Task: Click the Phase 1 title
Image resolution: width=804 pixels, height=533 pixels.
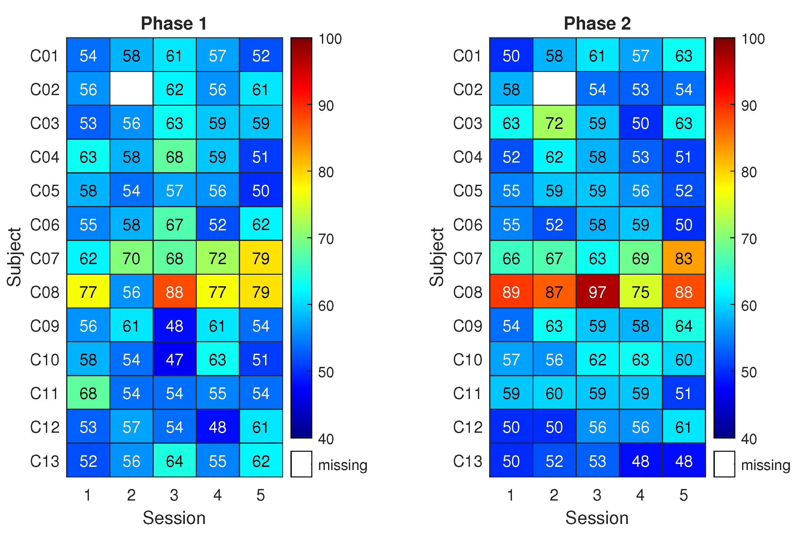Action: click(174, 24)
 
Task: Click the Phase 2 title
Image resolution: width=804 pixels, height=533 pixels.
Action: click(597, 24)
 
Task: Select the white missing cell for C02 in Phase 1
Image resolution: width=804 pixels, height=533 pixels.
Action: click(131, 88)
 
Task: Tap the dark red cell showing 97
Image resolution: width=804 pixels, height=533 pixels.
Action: click(597, 291)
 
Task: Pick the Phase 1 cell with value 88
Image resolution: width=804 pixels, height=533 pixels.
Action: click(174, 291)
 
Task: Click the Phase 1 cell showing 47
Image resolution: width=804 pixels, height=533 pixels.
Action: click(174, 359)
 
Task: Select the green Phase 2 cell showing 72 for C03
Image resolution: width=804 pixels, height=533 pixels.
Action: click(554, 122)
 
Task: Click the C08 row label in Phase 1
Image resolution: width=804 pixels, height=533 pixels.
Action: click(45, 292)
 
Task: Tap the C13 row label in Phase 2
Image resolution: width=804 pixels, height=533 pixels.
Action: click(467, 461)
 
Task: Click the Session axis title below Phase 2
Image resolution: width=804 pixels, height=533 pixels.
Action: click(597, 518)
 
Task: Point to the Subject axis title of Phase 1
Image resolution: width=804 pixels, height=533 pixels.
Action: click(14, 257)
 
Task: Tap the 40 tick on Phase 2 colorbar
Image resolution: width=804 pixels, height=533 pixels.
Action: click(749, 439)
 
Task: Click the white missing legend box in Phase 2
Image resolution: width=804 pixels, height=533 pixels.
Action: click(724, 464)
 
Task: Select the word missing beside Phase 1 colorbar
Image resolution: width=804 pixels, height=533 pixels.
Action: click(342, 465)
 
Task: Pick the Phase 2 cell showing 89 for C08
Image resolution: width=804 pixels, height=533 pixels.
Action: click(511, 291)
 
